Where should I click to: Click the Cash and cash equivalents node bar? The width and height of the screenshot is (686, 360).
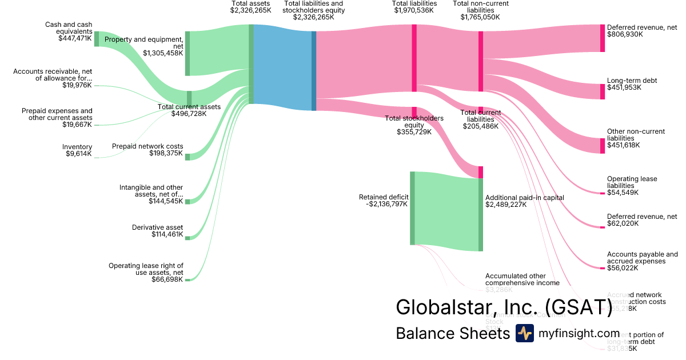tap(97, 38)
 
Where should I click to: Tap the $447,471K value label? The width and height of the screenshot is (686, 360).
tap(75, 38)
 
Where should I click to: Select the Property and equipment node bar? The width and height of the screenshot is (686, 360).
tap(188, 53)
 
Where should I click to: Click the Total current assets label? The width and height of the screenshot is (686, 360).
tap(189, 107)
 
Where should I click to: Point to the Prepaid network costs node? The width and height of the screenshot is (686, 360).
tap(188, 157)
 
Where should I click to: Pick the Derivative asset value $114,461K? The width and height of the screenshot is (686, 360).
tap(167, 234)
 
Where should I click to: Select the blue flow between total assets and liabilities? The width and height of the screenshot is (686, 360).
tap(282, 67)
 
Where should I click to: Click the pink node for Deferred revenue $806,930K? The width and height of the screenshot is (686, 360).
tap(602, 38)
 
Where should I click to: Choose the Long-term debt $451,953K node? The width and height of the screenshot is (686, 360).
tap(602, 91)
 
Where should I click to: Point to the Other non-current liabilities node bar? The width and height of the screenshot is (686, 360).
tap(602, 146)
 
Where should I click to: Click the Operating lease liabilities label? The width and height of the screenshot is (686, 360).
tap(632, 182)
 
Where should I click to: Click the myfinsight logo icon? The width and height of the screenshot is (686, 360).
tap(524, 333)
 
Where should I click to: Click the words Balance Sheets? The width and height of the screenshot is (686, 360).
tap(452, 333)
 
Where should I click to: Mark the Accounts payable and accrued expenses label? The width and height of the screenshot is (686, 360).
tap(642, 258)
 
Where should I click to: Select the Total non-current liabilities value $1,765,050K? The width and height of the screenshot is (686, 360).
tap(480, 17)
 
